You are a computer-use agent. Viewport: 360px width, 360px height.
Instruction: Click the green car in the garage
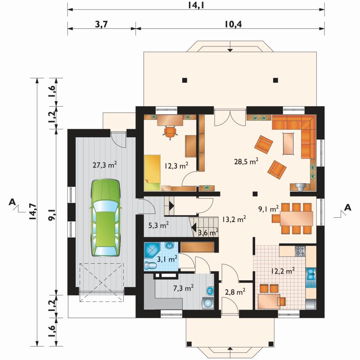click(105, 217)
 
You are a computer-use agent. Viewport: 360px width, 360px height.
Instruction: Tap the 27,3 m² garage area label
click(105, 165)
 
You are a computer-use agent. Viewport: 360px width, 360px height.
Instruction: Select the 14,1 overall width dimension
click(196, 5)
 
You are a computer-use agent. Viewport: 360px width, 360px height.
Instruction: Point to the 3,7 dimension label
click(101, 24)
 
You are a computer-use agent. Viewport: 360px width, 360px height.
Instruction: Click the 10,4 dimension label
click(233, 24)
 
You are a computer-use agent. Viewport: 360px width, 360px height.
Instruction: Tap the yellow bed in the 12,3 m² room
click(153, 173)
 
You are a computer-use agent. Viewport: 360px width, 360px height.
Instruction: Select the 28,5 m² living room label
click(246, 162)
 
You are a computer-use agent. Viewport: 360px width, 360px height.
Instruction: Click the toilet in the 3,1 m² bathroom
click(150, 266)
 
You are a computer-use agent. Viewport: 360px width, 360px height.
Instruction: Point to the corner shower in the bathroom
click(152, 250)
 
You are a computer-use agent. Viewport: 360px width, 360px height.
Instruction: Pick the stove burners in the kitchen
click(300, 251)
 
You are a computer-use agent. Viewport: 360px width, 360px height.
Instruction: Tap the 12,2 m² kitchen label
click(283, 271)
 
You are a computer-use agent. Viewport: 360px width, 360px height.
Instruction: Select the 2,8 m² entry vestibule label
click(235, 292)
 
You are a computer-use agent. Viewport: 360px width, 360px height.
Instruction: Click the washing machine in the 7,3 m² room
click(208, 303)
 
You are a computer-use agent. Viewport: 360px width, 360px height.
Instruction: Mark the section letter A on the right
click(348, 207)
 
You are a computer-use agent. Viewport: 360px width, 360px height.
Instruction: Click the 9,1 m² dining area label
click(268, 209)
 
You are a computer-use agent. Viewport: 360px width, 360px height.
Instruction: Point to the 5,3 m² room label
click(159, 225)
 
